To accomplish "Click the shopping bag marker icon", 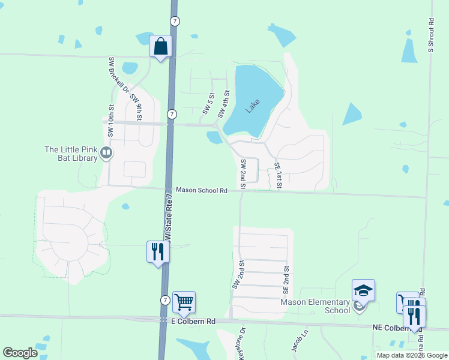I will point(161,46).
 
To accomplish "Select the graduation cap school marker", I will point(363,291).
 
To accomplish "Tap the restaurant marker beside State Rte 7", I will point(158,251).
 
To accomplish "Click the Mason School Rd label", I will point(201,190).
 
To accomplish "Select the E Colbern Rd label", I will point(193,322).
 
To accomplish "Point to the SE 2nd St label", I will point(286,280).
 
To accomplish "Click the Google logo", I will point(20,353).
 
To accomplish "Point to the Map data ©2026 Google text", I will point(411,355).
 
